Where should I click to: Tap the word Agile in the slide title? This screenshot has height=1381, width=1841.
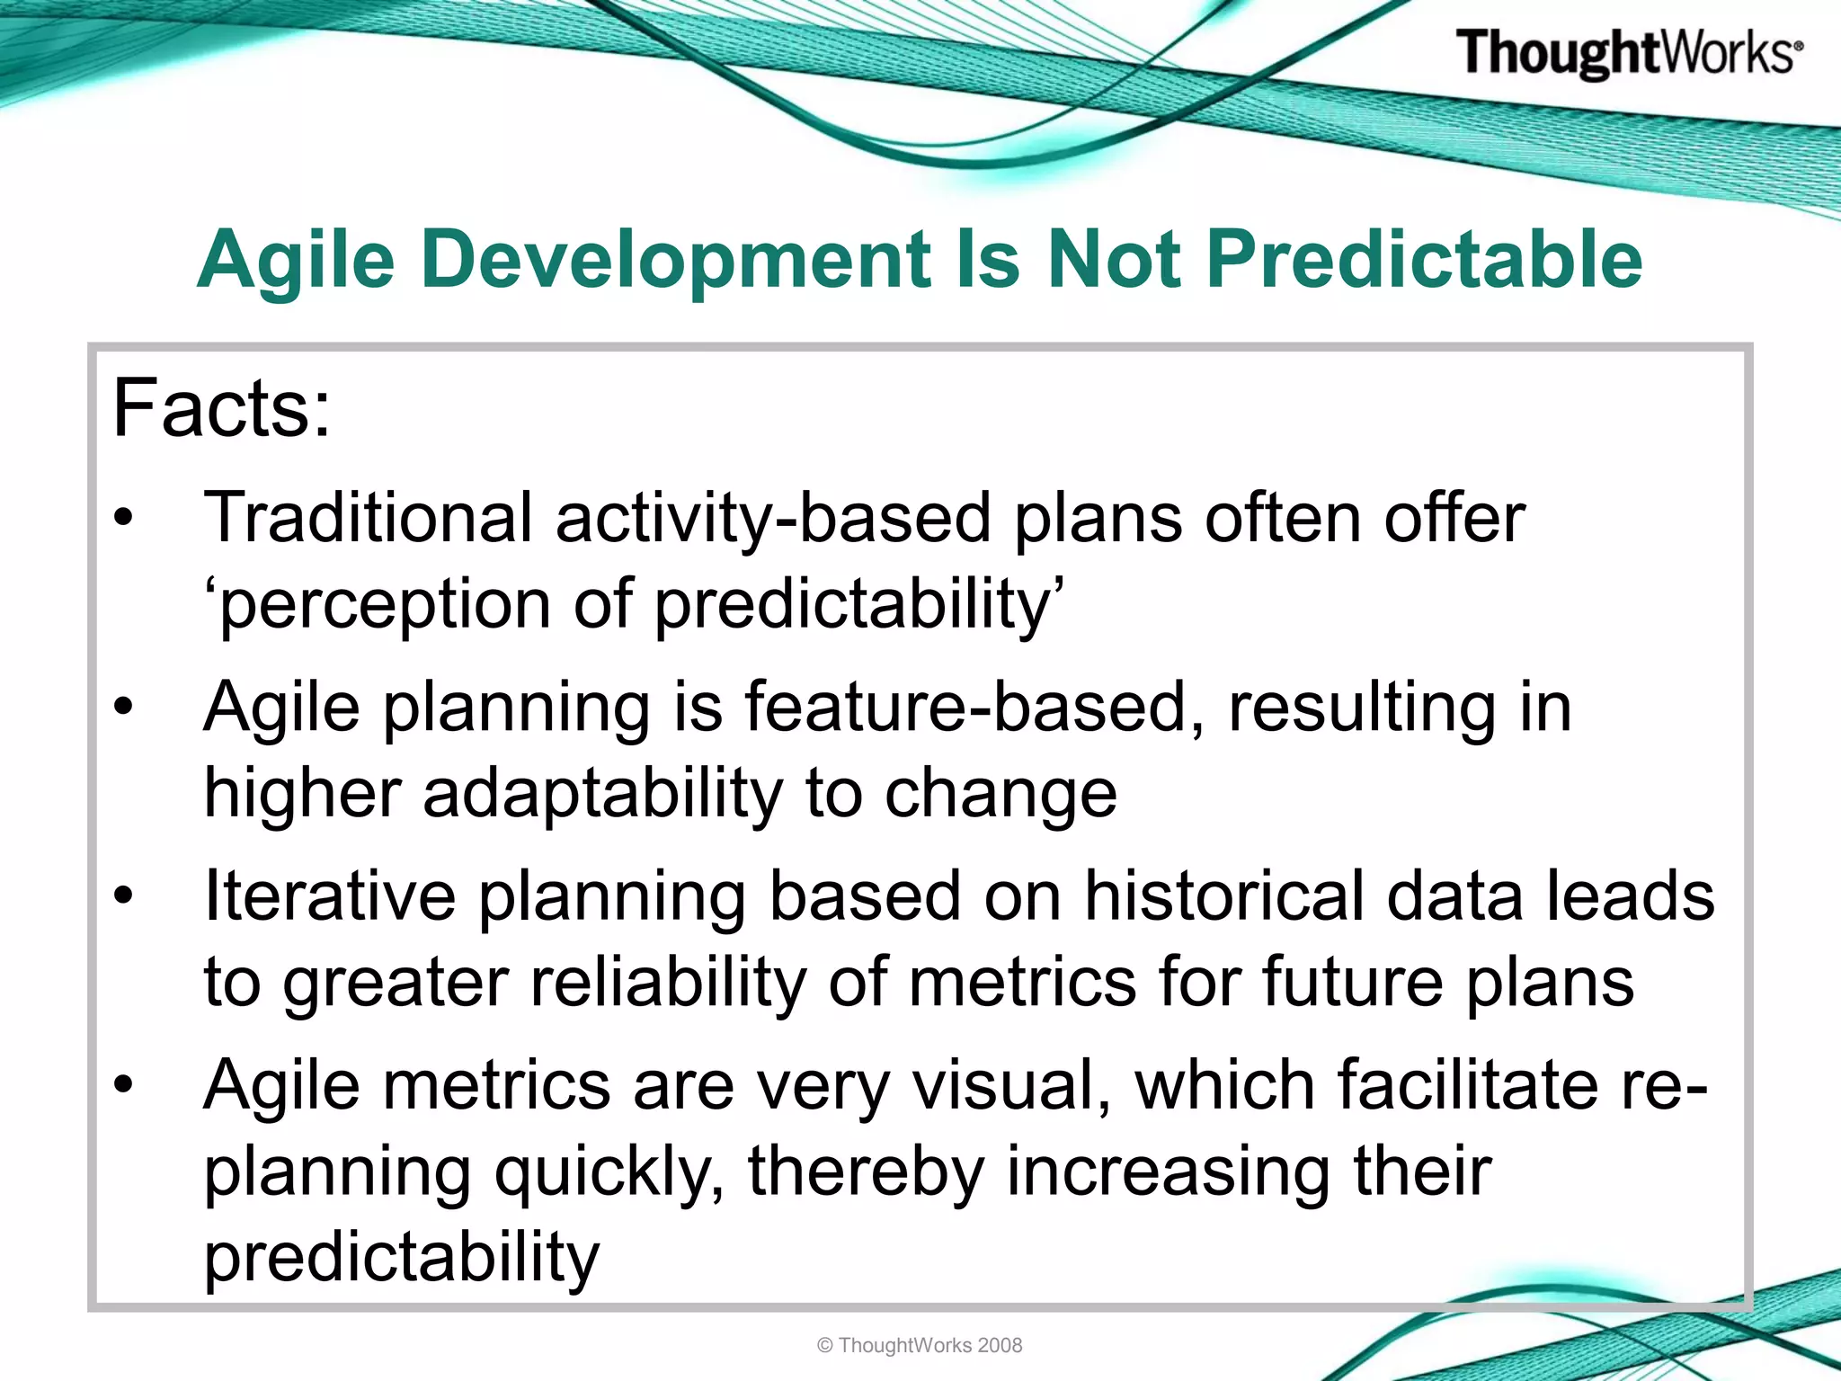point(296,260)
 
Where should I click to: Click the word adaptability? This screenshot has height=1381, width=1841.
point(602,794)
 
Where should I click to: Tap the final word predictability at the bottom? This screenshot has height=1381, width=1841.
point(401,1257)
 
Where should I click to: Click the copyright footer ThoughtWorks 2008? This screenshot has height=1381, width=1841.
point(920,1345)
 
